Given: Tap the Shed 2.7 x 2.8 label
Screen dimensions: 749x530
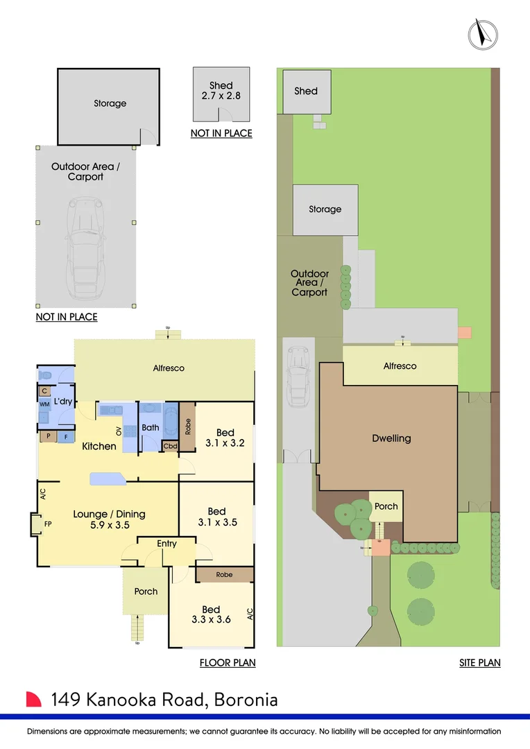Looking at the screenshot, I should click(221, 91).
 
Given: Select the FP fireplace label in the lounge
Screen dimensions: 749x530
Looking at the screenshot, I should click(48, 524).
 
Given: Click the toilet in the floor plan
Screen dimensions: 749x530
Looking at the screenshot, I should click(46, 374).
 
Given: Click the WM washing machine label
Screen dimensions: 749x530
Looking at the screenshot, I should click(44, 404).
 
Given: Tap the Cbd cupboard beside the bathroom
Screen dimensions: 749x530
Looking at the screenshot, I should click(169, 446).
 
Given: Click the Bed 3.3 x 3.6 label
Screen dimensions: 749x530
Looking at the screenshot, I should click(211, 614).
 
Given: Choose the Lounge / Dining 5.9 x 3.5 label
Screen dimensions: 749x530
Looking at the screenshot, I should click(109, 519).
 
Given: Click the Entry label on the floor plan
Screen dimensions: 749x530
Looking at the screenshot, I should click(166, 544).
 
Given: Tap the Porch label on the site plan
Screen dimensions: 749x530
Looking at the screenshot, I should click(386, 506).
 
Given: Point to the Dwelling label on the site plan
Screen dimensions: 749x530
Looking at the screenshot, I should click(391, 438).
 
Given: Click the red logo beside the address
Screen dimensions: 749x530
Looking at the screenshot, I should click(34, 699).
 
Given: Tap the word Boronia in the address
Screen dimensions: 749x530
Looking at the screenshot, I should click(246, 700).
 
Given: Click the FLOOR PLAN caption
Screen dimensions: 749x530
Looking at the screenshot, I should click(228, 663).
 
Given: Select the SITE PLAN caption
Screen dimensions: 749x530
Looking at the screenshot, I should click(479, 663).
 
